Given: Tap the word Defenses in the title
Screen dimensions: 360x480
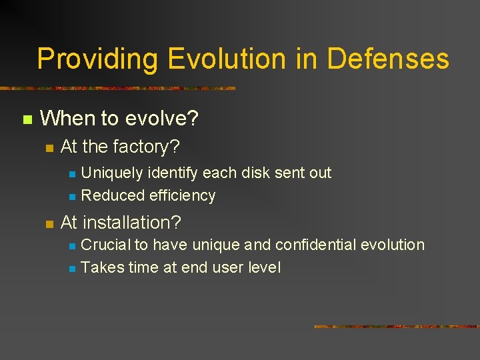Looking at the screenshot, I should (x=388, y=59).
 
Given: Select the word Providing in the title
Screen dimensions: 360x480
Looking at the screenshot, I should (x=97, y=59).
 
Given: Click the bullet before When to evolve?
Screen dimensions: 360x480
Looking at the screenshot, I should (x=27, y=120).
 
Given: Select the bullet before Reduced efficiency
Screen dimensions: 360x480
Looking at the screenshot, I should (x=72, y=197).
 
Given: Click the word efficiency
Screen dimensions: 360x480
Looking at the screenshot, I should (x=183, y=195).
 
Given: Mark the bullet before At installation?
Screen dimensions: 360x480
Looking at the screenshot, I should (x=48, y=223).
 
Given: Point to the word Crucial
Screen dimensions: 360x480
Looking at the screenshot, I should (x=105, y=245).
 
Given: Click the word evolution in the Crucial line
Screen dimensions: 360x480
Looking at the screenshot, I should (x=393, y=245).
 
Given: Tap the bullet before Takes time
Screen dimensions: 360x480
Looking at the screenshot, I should (x=72, y=269).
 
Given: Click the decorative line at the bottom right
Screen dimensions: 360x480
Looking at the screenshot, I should (x=396, y=327).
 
